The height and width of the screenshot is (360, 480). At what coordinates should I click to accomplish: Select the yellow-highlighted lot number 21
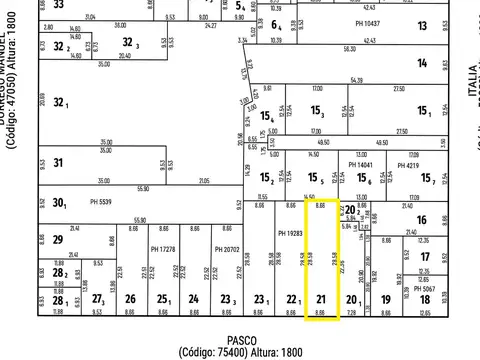pos(321,299)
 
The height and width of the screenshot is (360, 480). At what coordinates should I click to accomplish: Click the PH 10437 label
pos(367,22)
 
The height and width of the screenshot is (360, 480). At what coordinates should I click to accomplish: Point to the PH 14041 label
pos(359,164)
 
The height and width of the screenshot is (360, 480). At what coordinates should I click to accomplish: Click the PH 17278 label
pos(162,248)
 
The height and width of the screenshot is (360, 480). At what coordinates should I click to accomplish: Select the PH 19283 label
pos(289,232)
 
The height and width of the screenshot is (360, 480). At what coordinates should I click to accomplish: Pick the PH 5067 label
pos(427,288)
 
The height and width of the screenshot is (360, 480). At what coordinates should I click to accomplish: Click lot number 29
pos(58,239)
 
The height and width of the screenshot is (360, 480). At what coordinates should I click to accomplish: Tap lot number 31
pos(58,162)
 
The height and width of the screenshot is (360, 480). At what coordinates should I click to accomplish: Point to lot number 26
pos(130,299)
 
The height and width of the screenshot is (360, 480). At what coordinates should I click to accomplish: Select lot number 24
pos(193,299)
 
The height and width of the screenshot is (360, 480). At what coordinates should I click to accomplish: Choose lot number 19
pos(385,299)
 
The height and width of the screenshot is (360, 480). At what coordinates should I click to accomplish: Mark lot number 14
pos(423,63)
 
